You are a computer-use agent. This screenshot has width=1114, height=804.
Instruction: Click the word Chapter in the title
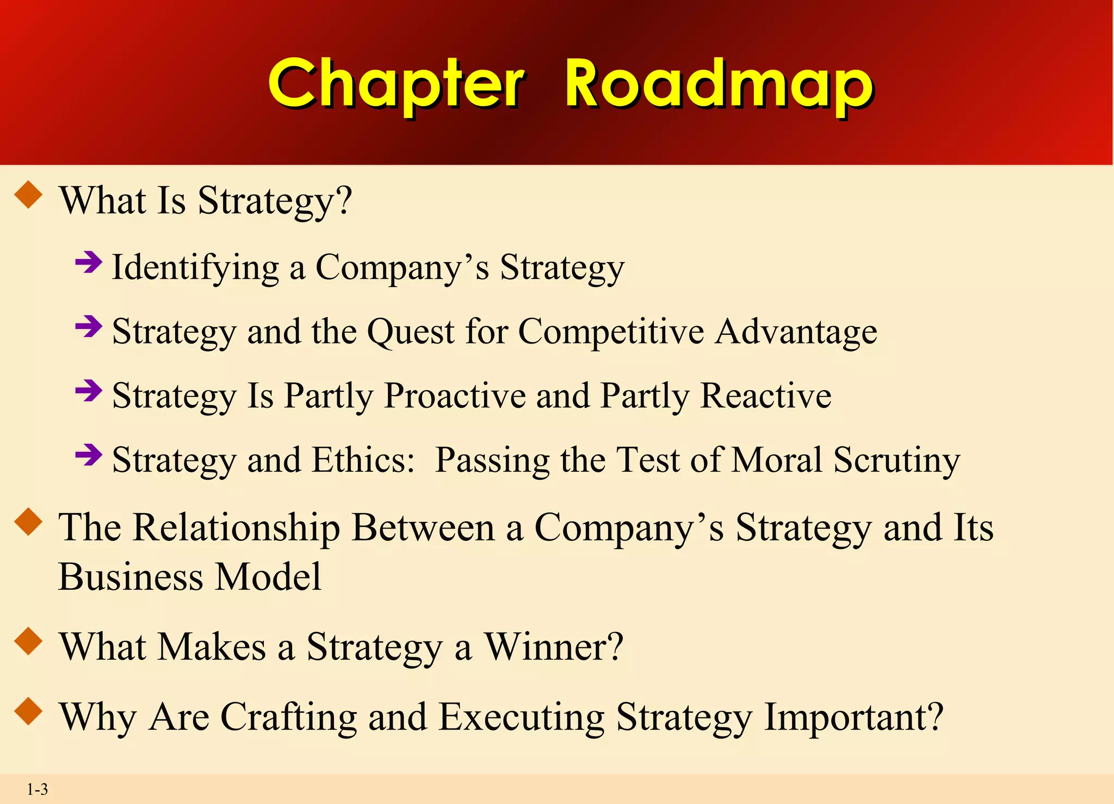397,84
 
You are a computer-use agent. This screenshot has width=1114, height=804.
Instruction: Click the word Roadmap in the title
719,84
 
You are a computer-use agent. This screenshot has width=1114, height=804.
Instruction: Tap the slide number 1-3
38,789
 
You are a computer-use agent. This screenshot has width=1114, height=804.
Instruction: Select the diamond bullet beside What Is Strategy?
29,195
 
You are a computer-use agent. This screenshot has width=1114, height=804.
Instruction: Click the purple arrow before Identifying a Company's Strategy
89,263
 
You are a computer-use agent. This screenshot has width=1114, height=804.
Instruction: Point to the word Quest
411,331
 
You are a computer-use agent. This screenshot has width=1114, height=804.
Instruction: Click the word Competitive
611,331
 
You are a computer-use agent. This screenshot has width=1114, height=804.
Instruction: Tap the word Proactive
455,395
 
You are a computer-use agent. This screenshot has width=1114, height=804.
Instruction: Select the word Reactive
766,395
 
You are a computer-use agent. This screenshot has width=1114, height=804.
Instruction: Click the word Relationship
237,528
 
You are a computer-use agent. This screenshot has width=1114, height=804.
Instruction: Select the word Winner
554,647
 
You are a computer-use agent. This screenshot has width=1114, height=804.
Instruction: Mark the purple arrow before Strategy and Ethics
89,455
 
